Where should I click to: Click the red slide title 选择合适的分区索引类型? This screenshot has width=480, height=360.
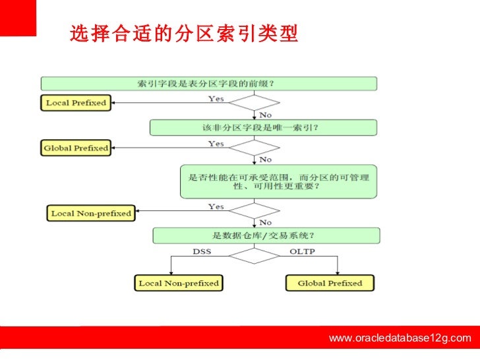coord(183,33)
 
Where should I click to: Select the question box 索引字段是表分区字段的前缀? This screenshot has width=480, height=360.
coord(209,84)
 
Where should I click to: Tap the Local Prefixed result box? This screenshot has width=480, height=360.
coord(76,103)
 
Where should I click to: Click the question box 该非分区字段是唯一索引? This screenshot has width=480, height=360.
coord(263,127)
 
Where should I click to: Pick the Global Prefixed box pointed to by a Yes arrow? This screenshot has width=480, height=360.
coord(76,148)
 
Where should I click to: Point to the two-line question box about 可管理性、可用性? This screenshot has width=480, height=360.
coord(279,182)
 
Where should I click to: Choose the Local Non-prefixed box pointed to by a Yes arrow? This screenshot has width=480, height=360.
coord(91,213)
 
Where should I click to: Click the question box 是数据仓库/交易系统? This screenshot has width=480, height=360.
coord(266,235)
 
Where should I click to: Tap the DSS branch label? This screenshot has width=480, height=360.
coord(202,251)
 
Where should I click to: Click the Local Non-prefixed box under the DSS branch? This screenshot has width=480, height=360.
coord(178,284)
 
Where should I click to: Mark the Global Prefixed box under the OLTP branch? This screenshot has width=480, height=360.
coord(330,284)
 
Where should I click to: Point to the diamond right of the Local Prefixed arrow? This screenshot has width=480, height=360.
coord(254,104)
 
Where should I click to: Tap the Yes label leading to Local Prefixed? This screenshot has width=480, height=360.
coord(216,99)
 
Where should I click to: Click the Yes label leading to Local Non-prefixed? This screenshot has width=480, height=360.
coord(216,206)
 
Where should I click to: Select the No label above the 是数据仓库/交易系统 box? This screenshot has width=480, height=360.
coord(266,222)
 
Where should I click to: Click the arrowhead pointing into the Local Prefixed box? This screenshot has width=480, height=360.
coord(113,104)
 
